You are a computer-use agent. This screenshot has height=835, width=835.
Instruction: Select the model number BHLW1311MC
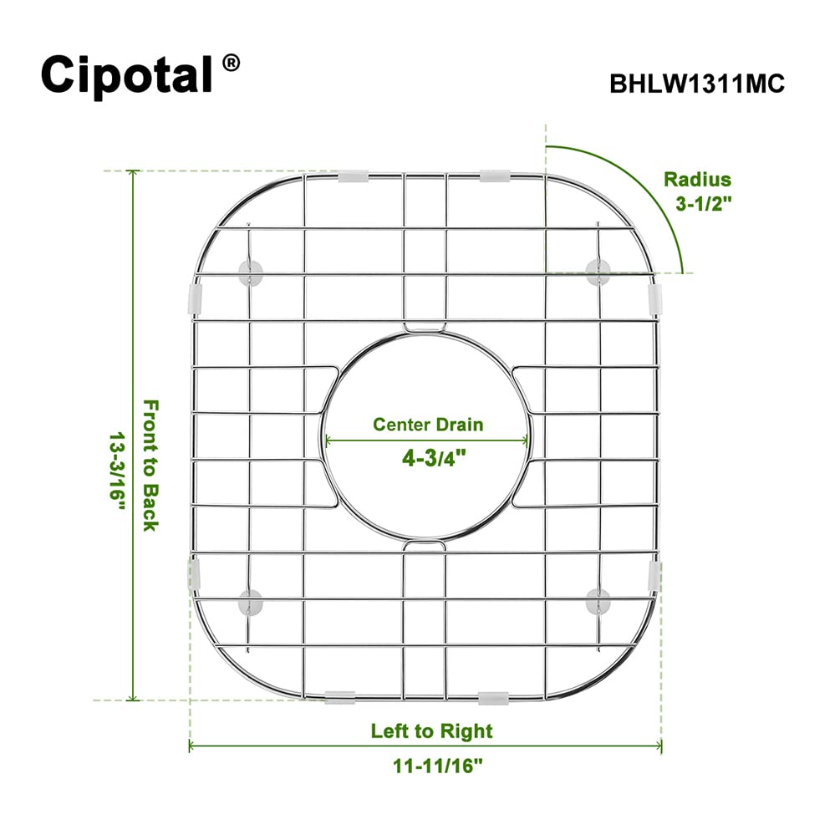coord(697,84)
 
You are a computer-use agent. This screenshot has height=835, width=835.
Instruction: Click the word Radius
coord(697,180)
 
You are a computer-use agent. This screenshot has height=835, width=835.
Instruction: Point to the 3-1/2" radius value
coord(704,203)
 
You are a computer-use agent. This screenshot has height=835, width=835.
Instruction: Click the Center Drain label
coord(428,425)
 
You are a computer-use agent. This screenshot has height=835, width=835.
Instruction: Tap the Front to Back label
coord(150,466)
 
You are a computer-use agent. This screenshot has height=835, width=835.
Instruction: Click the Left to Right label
coord(432,731)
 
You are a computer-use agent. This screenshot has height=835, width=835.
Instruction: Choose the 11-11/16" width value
coord(438,766)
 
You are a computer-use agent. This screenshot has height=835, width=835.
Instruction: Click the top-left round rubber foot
coord(250,272)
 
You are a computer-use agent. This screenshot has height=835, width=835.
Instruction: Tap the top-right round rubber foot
coord(598,272)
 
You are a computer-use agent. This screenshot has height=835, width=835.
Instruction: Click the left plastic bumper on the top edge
coord(353,176)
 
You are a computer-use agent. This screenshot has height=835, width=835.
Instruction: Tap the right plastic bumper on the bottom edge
coord(494,698)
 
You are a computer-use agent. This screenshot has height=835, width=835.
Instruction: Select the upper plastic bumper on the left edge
coord(196,298)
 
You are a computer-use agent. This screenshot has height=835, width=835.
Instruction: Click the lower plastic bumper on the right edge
coord(654,576)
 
